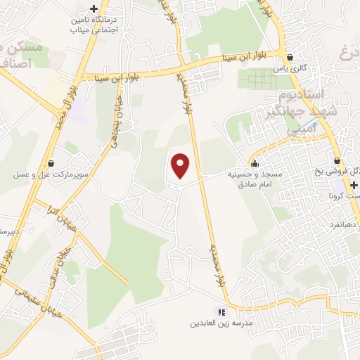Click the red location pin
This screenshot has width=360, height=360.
(x=181, y=166)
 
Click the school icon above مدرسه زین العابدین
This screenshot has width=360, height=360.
(x=222, y=312)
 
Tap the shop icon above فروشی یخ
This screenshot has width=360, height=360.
(x=338, y=160)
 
